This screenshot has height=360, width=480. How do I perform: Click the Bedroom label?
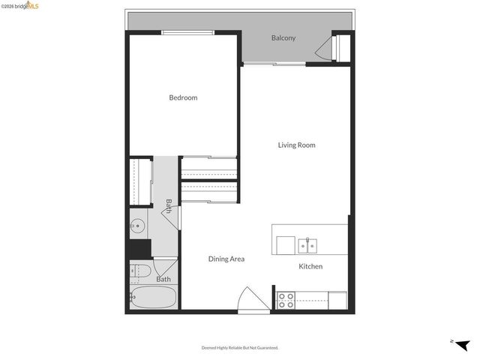pos(183,97)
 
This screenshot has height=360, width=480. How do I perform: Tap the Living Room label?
pos(296,145)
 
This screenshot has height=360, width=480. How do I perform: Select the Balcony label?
pos(283,37)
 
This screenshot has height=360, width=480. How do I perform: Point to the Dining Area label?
pos(226,259)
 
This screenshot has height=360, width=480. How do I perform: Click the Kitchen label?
pos(310,266)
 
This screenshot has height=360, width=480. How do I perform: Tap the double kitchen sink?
pos(307,245)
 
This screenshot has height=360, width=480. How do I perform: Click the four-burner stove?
pos(286,300)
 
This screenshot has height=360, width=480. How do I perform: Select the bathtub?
pos(154,298)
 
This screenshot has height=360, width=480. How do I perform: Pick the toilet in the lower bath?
pos(140,271)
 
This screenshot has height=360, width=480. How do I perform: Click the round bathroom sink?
pos(138,225)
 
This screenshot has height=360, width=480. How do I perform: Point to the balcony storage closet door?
pos(324,50)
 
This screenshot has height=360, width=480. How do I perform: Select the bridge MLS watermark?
pos(20,6)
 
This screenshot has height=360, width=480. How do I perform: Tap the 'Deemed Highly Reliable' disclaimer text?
pos(239,347)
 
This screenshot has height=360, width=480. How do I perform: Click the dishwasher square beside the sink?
pos(285,245)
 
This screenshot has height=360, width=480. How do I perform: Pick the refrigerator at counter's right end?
pos(337,300)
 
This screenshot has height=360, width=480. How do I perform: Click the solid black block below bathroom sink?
pos(139,248)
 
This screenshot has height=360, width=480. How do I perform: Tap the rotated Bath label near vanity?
pos(169,204)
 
